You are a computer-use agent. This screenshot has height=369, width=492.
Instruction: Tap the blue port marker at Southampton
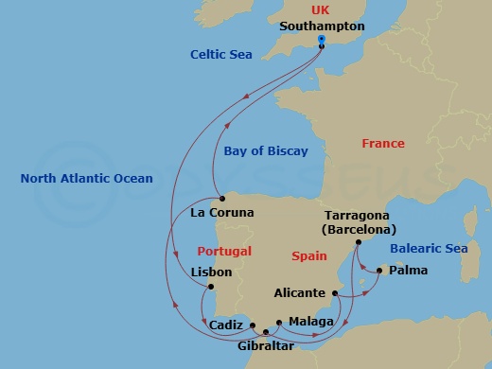click(322, 40)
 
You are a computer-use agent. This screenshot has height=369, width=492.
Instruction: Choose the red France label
click(383, 143)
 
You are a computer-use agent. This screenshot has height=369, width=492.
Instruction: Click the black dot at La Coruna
click(221, 199)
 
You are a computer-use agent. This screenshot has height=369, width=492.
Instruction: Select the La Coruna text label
click(222, 213)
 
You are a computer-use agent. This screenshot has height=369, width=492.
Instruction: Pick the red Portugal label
click(224, 252)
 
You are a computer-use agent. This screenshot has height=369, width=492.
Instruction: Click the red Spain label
click(308, 256)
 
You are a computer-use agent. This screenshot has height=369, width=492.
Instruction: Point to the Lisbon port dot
click(211, 288)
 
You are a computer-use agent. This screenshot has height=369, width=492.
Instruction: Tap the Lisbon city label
click(211, 272)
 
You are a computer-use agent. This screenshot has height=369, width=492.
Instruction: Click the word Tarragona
click(359, 216)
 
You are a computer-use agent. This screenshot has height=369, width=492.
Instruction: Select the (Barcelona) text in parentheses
click(359, 229)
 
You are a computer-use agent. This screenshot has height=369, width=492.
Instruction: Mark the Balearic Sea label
click(430, 249)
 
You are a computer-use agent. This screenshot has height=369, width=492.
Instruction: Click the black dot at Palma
click(378, 271)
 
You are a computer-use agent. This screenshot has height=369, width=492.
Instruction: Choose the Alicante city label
click(299, 293)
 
